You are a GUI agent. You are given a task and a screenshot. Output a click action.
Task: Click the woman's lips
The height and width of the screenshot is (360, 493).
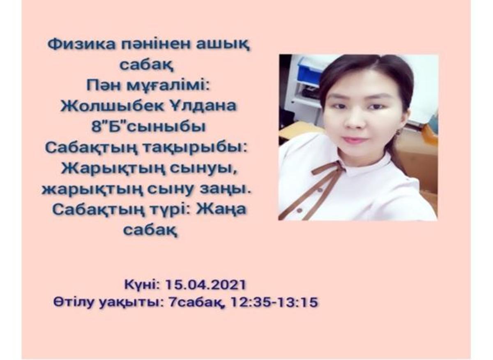355,140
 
